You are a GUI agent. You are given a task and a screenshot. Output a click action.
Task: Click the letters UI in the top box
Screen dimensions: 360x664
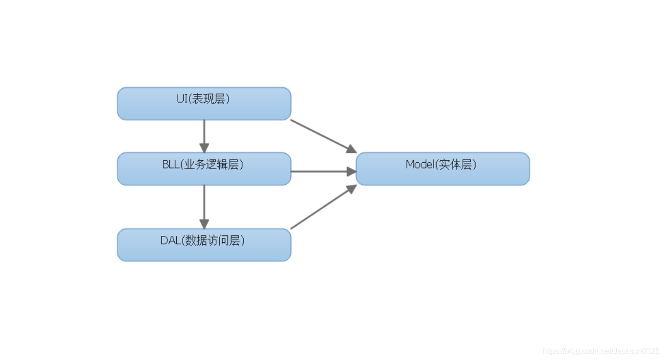[x=182, y=99]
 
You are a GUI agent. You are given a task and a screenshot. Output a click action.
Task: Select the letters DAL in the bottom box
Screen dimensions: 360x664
[x=169, y=240]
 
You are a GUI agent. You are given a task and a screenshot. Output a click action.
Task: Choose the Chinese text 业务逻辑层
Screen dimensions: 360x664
[x=211, y=165]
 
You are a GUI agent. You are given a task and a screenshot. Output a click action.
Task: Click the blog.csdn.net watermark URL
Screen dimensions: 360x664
[x=601, y=351]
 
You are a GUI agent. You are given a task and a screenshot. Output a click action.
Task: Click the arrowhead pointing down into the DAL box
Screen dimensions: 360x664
[x=204, y=223]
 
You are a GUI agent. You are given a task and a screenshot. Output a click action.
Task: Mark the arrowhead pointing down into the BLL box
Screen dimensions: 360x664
[x=204, y=148]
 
